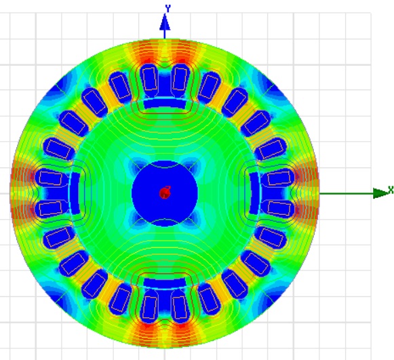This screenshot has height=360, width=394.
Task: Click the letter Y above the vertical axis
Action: tap(168, 8)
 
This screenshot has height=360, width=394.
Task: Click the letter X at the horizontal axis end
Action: tap(391, 190)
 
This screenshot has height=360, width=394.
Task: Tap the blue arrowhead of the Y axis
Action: tap(165, 22)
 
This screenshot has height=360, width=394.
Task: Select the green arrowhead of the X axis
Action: tap(380, 193)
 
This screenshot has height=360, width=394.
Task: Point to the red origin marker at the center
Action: tap(165, 193)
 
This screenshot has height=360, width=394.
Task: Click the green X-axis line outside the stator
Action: tap(347, 193)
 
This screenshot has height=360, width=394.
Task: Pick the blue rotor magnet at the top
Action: tap(165, 104)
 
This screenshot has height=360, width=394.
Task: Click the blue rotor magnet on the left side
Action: tap(75, 193)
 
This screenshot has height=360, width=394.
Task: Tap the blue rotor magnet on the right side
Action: tap(254, 193)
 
